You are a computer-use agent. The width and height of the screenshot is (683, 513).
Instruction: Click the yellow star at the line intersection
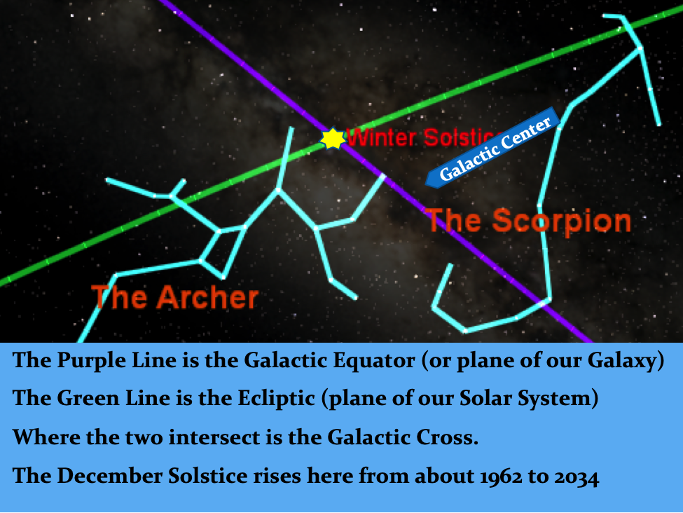click(333, 138)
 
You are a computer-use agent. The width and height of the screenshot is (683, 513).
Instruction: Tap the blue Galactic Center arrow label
click(492, 148)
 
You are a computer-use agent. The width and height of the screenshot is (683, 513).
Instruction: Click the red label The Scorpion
click(528, 220)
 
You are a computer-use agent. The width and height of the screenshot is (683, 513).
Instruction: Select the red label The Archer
click(174, 297)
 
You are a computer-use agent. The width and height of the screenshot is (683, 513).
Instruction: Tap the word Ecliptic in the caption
click(276, 398)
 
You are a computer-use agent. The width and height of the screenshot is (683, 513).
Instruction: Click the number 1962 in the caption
click(500, 476)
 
